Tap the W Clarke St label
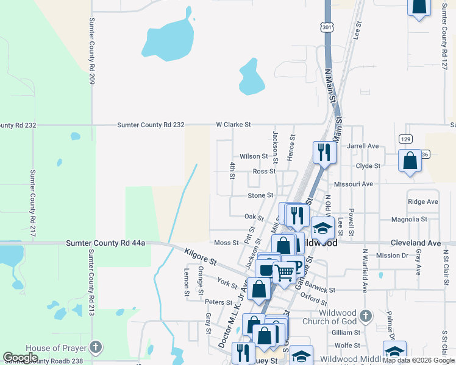(x=233, y=125)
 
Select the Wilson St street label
(x=254, y=156)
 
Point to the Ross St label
(x=264, y=172)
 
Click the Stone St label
(x=260, y=195)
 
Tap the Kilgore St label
(x=200, y=256)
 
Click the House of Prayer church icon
(x=94, y=347)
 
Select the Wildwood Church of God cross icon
(x=365, y=316)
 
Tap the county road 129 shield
(x=406, y=139)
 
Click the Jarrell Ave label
(x=363, y=146)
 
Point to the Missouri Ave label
(x=353, y=184)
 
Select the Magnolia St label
(x=409, y=219)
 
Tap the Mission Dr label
(x=391, y=255)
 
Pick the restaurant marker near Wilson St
(x=324, y=151)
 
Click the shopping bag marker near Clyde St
(x=410, y=161)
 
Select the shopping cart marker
(x=284, y=273)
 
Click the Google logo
(x=20, y=358)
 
